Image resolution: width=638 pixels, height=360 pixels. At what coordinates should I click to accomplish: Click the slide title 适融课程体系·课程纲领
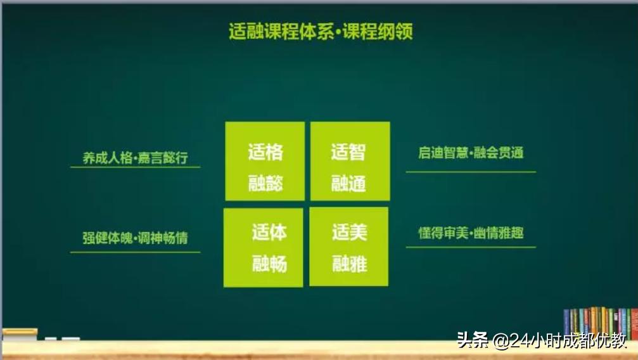[x=321, y=32]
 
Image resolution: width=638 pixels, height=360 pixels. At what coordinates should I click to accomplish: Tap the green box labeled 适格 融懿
[x=265, y=161]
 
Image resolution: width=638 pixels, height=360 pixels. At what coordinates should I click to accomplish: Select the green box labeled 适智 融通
[x=350, y=161]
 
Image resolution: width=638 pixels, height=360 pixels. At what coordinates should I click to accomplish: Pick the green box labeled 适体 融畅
[x=264, y=247]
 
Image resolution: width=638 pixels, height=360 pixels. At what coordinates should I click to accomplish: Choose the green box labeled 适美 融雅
[x=348, y=247]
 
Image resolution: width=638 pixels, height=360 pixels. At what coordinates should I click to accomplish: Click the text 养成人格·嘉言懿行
[x=135, y=158]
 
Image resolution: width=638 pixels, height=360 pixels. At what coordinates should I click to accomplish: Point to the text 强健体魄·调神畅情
[x=135, y=238]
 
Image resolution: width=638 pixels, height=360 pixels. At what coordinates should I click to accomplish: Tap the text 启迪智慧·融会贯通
[x=471, y=153]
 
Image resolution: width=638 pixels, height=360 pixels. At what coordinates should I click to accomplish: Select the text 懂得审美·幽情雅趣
[x=471, y=233]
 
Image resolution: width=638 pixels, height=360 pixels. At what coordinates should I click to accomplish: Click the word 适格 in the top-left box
[x=265, y=152]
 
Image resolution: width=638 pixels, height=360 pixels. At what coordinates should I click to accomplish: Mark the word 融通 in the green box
[x=348, y=184]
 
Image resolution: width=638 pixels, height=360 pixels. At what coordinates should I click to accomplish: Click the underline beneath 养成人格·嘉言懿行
[x=135, y=167]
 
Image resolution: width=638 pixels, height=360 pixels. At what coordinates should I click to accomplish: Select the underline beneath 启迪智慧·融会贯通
[x=471, y=172]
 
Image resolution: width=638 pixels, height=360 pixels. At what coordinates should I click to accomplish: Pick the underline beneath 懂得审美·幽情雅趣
[x=471, y=247]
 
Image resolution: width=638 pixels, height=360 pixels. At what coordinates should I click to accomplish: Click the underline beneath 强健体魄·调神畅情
[x=135, y=252]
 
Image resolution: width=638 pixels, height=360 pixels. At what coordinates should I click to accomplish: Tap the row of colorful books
[x=599, y=322]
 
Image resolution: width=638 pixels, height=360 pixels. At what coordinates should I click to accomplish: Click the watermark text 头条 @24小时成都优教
[x=542, y=340]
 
